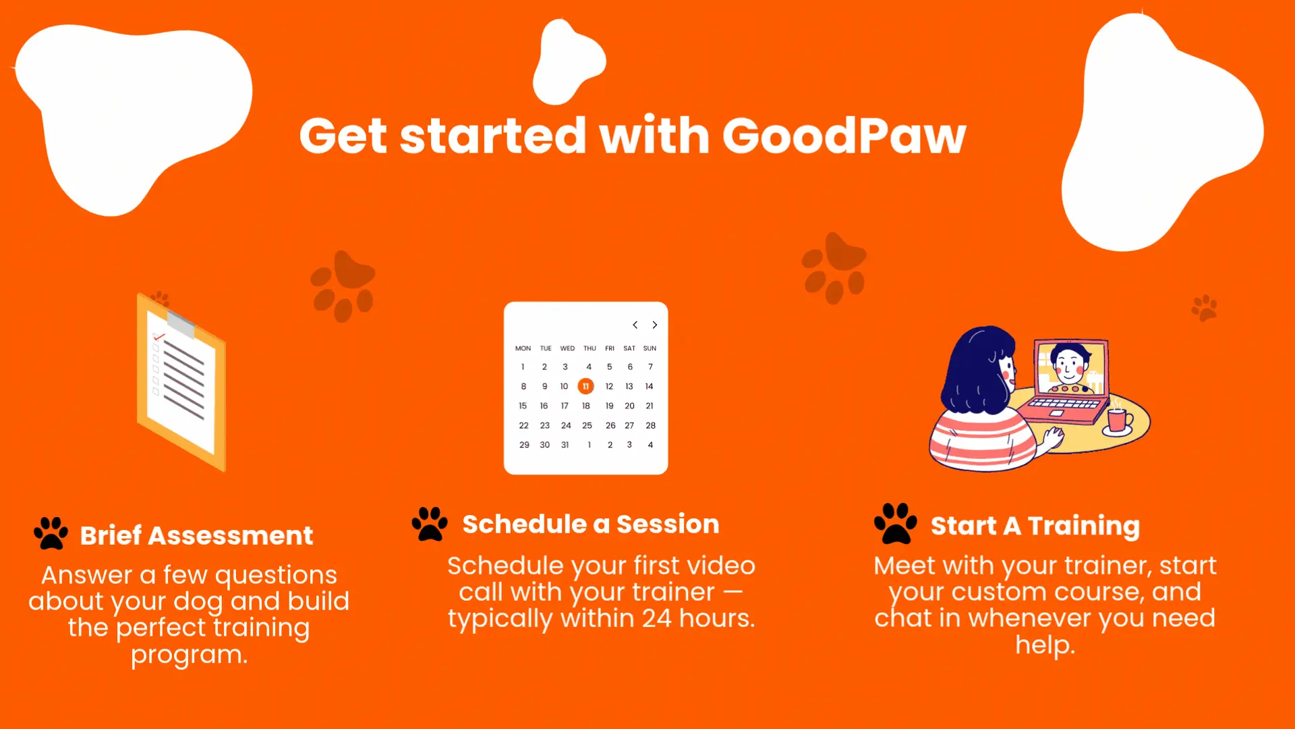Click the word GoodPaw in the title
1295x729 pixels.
click(x=844, y=136)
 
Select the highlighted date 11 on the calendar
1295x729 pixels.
click(x=585, y=386)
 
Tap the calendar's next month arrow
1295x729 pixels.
click(x=654, y=325)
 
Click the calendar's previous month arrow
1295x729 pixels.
click(x=635, y=325)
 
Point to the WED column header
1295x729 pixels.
click(x=567, y=348)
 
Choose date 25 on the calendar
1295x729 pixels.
click(x=587, y=425)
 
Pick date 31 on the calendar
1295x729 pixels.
click(x=565, y=445)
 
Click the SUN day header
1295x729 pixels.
click(x=650, y=348)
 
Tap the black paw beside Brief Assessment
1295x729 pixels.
click(x=51, y=533)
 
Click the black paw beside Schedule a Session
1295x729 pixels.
click(x=430, y=524)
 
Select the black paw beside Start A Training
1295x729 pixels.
click(x=895, y=523)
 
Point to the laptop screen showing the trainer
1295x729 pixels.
click(x=1071, y=368)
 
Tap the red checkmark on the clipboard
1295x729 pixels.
click(x=159, y=335)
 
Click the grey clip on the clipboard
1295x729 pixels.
click(x=181, y=324)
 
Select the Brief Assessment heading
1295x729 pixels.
click(x=196, y=535)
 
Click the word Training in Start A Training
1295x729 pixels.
click(x=1083, y=526)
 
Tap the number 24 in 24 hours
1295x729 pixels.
click(x=656, y=618)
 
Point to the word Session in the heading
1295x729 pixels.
click(x=668, y=524)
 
